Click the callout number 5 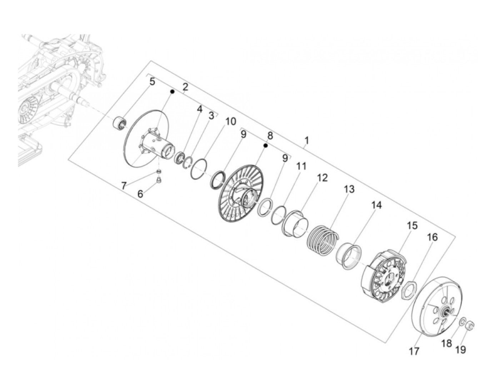(x=152, y=81)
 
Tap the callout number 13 (x=349, y=189)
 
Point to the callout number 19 (x=460, y=356)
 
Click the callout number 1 (x=306, y=140)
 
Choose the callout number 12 (x=322, y=178)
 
